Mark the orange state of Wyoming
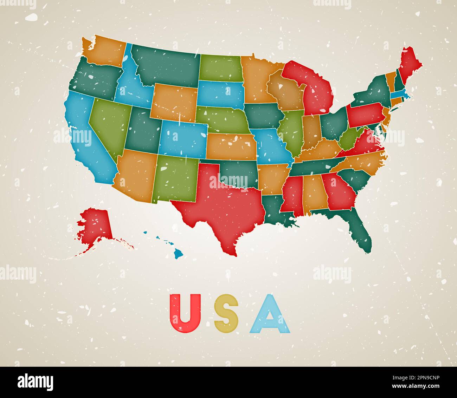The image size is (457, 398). [x=174, y=102]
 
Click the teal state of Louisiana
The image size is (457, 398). [x=278, y=209]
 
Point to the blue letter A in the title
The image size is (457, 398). [x=270, y=314]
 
